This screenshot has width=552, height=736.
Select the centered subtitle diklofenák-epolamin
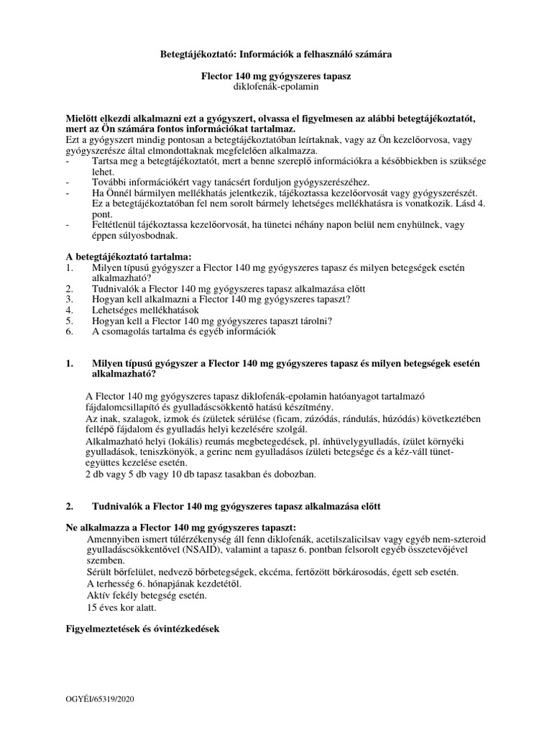[275, 86]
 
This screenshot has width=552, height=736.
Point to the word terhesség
[119, 584]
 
